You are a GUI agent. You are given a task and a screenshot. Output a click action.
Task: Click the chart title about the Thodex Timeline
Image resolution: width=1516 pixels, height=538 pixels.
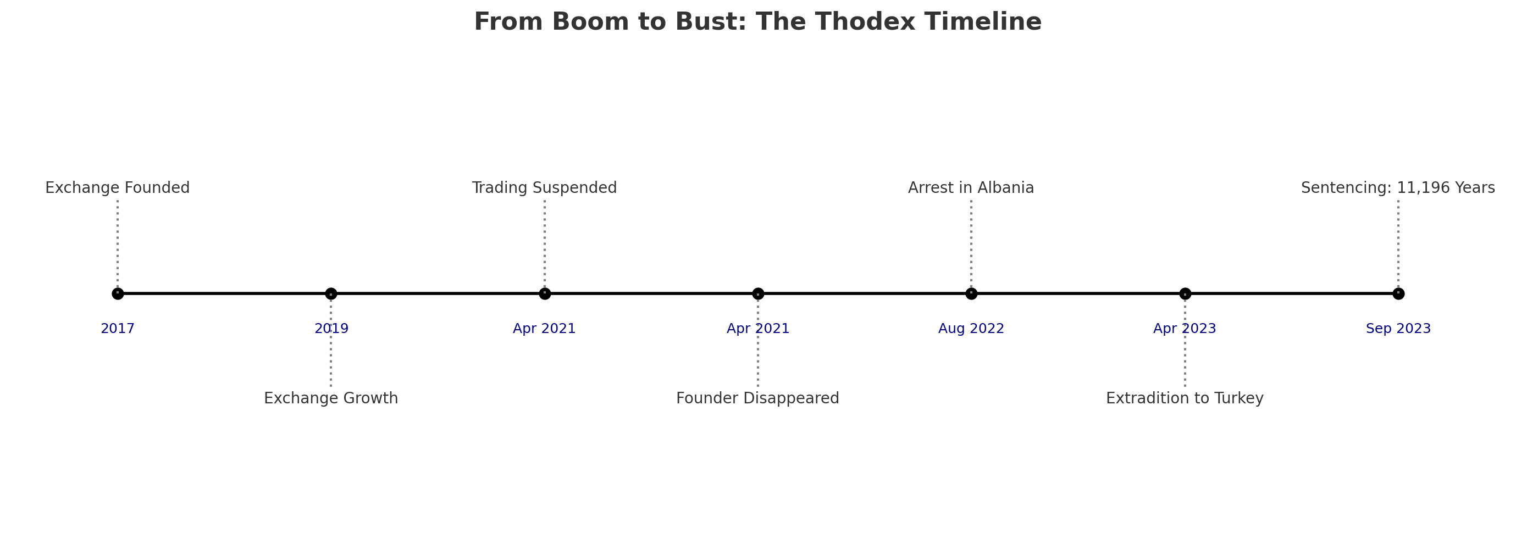point(757,23)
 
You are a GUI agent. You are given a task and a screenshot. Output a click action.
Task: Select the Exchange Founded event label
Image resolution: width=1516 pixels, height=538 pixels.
point(118,188)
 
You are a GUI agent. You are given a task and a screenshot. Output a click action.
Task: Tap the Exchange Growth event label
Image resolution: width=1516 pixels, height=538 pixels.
point(331,398)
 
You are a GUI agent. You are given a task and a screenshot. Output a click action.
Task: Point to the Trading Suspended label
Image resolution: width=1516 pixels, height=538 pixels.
point(544,188)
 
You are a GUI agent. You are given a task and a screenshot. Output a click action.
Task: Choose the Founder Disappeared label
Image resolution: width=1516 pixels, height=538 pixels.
point(757,398)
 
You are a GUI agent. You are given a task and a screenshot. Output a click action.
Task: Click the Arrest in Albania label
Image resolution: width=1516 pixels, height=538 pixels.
point(971,188)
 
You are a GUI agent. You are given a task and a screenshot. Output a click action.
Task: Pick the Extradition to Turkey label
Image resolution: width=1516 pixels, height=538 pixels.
point(1185,398)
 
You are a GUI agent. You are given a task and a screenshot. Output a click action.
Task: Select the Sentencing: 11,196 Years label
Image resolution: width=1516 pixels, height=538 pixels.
point(1398,188)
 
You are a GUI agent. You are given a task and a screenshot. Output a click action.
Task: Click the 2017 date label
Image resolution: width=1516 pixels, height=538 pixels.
point(118,329)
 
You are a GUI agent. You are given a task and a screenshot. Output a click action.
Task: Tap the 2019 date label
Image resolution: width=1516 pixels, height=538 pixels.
point(331,329)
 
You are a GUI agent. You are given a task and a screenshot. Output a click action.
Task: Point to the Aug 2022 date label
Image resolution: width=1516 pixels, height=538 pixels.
point(971,329)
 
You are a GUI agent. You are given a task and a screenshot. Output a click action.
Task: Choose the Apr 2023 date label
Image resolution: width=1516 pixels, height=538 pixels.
point(1185,329)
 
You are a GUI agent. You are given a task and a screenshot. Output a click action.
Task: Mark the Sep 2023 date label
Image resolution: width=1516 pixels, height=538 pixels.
point(1398,329)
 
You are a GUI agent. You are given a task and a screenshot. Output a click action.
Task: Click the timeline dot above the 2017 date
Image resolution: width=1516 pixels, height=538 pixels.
point(118,293)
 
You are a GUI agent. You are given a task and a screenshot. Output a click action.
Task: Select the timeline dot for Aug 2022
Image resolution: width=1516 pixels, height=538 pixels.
point(971,293)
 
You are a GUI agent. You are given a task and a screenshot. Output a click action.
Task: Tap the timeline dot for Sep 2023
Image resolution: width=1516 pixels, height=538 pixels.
point(1398,293)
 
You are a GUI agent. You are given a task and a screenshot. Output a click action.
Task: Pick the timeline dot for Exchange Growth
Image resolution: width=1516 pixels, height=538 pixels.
point(331,293)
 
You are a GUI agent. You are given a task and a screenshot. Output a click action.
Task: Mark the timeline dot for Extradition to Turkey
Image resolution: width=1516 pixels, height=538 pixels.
point(1185,293)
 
